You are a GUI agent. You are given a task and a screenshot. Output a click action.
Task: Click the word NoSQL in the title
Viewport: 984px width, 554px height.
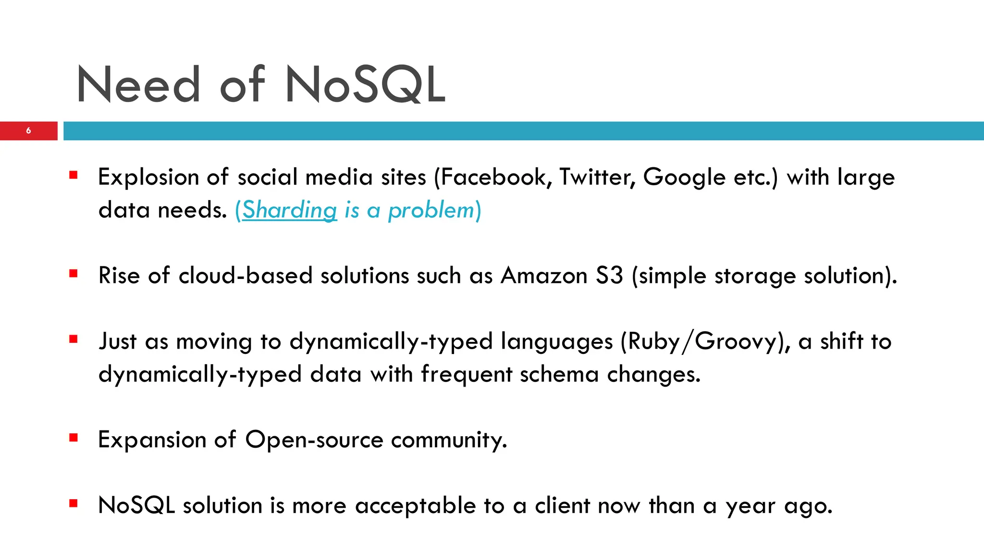pos(365,85)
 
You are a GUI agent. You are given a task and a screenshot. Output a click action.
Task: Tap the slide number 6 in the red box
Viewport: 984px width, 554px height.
pos(29,131)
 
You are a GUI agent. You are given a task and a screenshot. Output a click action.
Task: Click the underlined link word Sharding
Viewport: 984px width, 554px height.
pos(289,210)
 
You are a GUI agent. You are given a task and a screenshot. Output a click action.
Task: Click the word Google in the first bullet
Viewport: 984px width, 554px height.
pos(684,177)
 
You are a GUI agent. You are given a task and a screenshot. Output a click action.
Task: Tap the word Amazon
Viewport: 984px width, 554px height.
pos(544,276)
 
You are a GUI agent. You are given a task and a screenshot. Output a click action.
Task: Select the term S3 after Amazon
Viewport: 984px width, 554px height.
pos(609,276)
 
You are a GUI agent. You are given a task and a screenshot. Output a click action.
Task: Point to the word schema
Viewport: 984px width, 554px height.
pos(559,375)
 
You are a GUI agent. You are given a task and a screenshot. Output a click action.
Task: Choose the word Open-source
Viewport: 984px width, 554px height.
pos(314,440)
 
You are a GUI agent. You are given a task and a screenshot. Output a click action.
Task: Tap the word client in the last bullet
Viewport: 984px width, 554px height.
pos(563,506)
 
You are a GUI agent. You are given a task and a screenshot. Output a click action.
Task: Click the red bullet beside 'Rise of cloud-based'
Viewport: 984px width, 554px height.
pos(74,274)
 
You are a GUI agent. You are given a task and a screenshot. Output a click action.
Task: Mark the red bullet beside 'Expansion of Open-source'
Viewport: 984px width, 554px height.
pos(74,438)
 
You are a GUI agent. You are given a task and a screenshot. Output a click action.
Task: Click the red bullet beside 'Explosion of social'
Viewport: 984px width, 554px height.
pos(74,175)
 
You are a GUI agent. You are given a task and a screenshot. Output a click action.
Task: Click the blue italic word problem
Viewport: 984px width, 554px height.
pos(431,211)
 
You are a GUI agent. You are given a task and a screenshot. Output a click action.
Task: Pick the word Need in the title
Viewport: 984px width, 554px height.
pos(138,85)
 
